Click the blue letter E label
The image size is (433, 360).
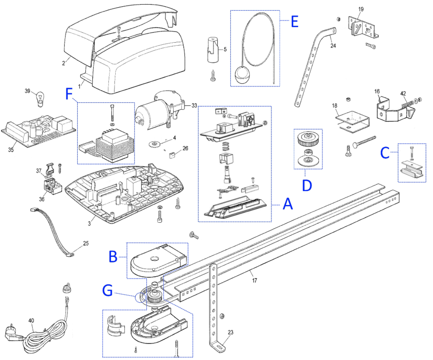295,21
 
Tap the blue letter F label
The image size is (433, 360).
69,94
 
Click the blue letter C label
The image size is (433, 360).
385,153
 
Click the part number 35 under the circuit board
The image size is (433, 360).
11,150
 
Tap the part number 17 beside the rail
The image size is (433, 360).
254,280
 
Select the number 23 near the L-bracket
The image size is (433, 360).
230,332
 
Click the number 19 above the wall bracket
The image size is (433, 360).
361,9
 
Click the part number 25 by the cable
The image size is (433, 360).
86,243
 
